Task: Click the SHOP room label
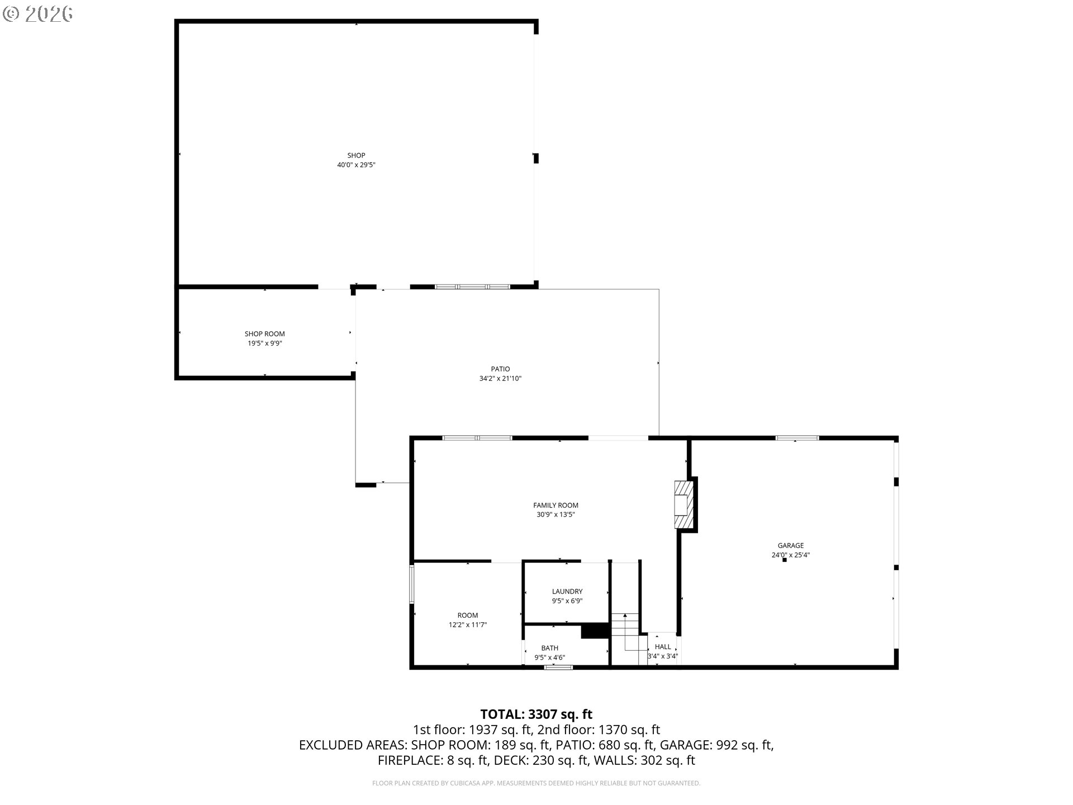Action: [356, 155]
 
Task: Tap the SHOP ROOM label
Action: [264, 334]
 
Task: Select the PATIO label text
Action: [500, 369]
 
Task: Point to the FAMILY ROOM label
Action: [556, 505]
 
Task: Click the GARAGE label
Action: [791, 546]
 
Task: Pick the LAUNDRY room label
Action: [567, 591]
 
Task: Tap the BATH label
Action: [549, 648]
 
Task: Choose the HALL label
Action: [663, 647]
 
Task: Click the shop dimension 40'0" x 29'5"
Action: [356, 165]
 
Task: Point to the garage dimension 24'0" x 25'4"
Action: [791, 555]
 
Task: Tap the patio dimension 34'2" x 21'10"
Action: [500, 378]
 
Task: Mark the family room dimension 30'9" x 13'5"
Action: [556, 514]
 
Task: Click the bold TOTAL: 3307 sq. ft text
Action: [536, 714]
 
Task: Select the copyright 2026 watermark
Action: [38, 14]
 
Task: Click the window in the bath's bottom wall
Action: [559, 667]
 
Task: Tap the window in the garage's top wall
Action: [797, 438]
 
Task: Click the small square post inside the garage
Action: [785, 560]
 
